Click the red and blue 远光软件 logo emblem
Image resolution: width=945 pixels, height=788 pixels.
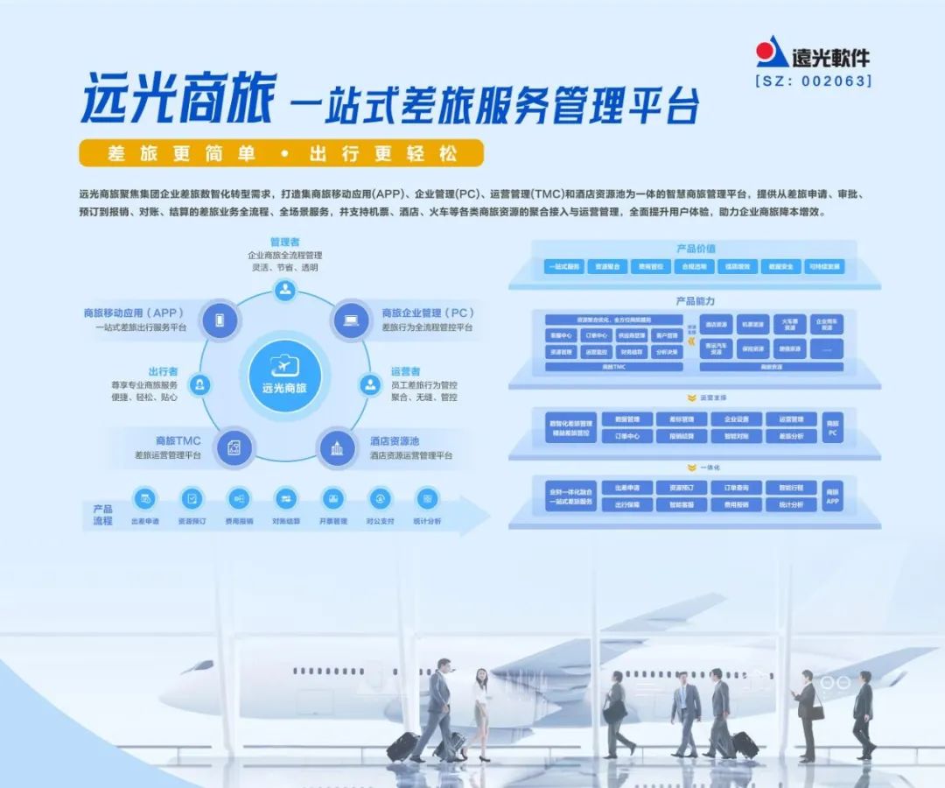point(772,53)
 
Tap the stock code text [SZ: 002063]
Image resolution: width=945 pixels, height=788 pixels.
point(813,81)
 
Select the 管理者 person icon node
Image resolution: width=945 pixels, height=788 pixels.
point(284,291)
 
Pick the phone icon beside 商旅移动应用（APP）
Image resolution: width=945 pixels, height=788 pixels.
point(220,320)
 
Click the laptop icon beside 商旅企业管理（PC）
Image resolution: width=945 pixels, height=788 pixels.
point(350,320)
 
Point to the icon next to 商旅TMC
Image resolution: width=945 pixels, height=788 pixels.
point(234,448)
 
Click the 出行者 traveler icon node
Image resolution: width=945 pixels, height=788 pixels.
point(200,384)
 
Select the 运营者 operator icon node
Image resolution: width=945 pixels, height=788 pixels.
point(369,384)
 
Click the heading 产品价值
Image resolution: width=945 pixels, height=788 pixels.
point(696,249)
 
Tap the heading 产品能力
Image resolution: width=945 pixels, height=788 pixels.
point(696,301)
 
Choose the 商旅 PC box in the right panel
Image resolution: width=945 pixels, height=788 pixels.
point(832,427)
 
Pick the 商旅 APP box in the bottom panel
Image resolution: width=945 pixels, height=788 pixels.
point(832,496)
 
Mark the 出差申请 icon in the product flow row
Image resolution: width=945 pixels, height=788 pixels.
point(144,499)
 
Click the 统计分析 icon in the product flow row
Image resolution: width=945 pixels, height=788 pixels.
point(427,499)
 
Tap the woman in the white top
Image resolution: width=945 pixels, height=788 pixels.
point(479,709)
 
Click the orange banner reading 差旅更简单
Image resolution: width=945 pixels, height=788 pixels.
point(281,153)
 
